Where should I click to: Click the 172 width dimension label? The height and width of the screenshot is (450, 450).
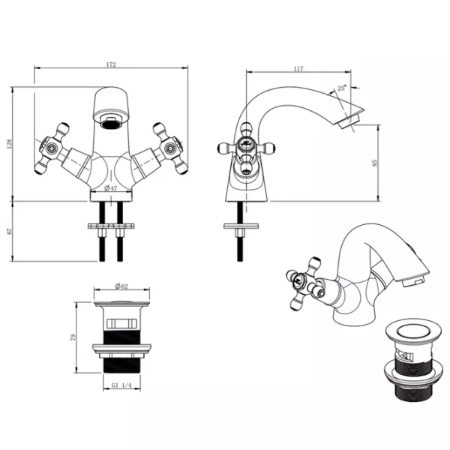point(111,64)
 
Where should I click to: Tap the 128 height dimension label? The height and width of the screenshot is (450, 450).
point(10,143)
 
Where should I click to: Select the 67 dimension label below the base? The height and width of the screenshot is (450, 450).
point(10,231)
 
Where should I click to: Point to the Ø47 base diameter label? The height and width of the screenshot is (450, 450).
point(110,188)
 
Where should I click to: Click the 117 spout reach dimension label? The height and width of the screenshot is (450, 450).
point(298,69)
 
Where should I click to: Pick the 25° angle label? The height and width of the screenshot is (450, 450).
point(341,88)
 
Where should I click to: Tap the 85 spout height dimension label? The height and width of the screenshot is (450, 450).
point(374,163)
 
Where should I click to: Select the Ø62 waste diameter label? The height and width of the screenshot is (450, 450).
point(121,286)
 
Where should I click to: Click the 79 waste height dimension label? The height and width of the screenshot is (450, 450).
point(73,337)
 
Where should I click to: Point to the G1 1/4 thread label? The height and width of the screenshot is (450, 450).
point(121,385)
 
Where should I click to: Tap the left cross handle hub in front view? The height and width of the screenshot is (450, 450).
point(52,148)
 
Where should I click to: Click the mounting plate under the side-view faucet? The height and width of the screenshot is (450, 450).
point(241,226)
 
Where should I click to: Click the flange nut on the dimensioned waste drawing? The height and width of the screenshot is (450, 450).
point(121,348)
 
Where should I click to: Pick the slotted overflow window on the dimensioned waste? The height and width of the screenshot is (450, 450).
point(121,323)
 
